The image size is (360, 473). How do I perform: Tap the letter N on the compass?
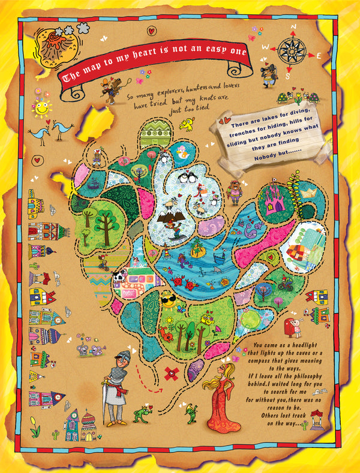293,26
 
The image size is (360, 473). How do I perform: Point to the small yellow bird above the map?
187,124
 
